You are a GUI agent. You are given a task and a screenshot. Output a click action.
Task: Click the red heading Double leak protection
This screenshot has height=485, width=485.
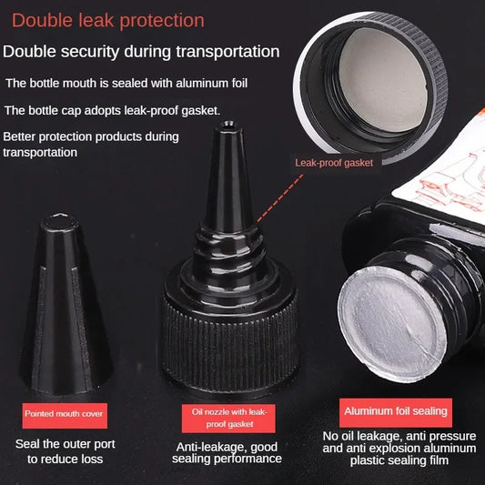point(108,20)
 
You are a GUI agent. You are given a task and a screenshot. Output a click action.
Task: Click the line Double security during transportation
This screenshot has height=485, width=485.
point(141,52)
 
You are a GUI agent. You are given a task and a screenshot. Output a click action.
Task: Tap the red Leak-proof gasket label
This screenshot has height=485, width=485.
point(334,163)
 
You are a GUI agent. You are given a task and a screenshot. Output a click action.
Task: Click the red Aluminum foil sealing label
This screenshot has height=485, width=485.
point(394,411)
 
